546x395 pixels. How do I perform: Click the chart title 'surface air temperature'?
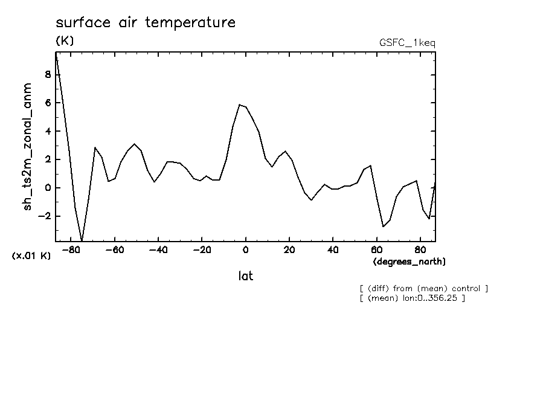coord(145,23)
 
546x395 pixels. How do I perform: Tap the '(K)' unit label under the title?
coord(65,41)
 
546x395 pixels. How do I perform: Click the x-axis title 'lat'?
coord(245,276)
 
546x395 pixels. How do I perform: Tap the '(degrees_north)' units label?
coord(409,262)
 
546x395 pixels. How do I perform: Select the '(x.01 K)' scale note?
coord(31,256)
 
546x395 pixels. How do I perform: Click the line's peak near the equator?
coord(240,104)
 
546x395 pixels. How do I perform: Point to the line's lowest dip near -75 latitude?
coord(82,240)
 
